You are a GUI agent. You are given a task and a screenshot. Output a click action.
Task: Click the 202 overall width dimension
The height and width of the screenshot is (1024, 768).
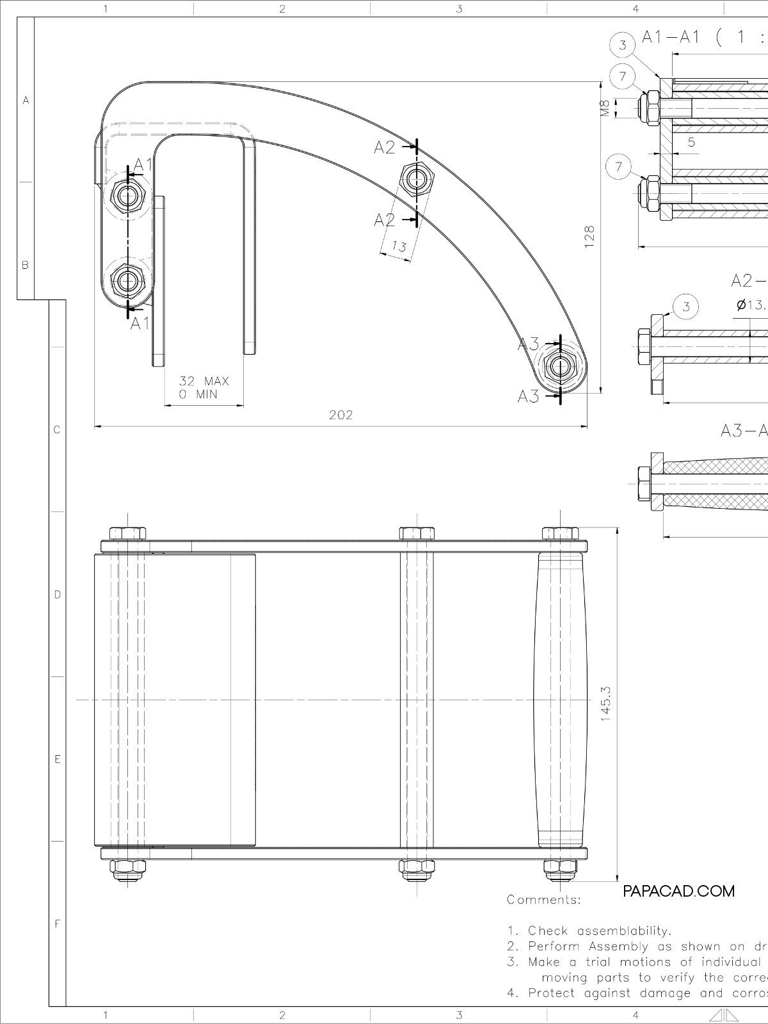pos(340,415)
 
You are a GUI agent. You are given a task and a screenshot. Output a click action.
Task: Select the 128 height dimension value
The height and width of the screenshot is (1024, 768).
pos(589,235)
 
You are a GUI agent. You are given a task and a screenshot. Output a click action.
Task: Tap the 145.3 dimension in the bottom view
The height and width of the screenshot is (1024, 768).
pos(605,705)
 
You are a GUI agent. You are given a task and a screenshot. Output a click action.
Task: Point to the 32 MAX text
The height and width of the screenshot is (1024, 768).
pos(204,381)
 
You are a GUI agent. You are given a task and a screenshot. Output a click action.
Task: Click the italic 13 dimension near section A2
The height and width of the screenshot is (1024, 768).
pos(399,246)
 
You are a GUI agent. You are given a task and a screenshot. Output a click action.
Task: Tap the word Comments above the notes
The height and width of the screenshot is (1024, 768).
pos(543,900)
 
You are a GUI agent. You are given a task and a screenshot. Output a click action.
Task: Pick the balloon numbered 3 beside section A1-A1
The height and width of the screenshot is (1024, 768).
pos(622,45)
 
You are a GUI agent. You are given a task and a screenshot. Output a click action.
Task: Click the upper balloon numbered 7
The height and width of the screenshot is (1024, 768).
pos(622,77)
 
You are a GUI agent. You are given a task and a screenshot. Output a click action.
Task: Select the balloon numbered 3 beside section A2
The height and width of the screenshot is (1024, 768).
pos(686,307)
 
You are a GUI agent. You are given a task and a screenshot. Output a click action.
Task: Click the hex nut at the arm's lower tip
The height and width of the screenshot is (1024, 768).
pos(560,367)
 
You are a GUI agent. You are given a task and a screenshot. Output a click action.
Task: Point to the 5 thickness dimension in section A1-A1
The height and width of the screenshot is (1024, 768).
pos(692,143)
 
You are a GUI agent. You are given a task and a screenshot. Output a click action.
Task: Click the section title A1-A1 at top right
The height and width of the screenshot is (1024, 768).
pos(671,37)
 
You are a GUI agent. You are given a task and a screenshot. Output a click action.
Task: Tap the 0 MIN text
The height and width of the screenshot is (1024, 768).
pos(198,394)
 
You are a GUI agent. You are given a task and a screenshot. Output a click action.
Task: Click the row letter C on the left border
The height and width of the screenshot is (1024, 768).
pos(57,430)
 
